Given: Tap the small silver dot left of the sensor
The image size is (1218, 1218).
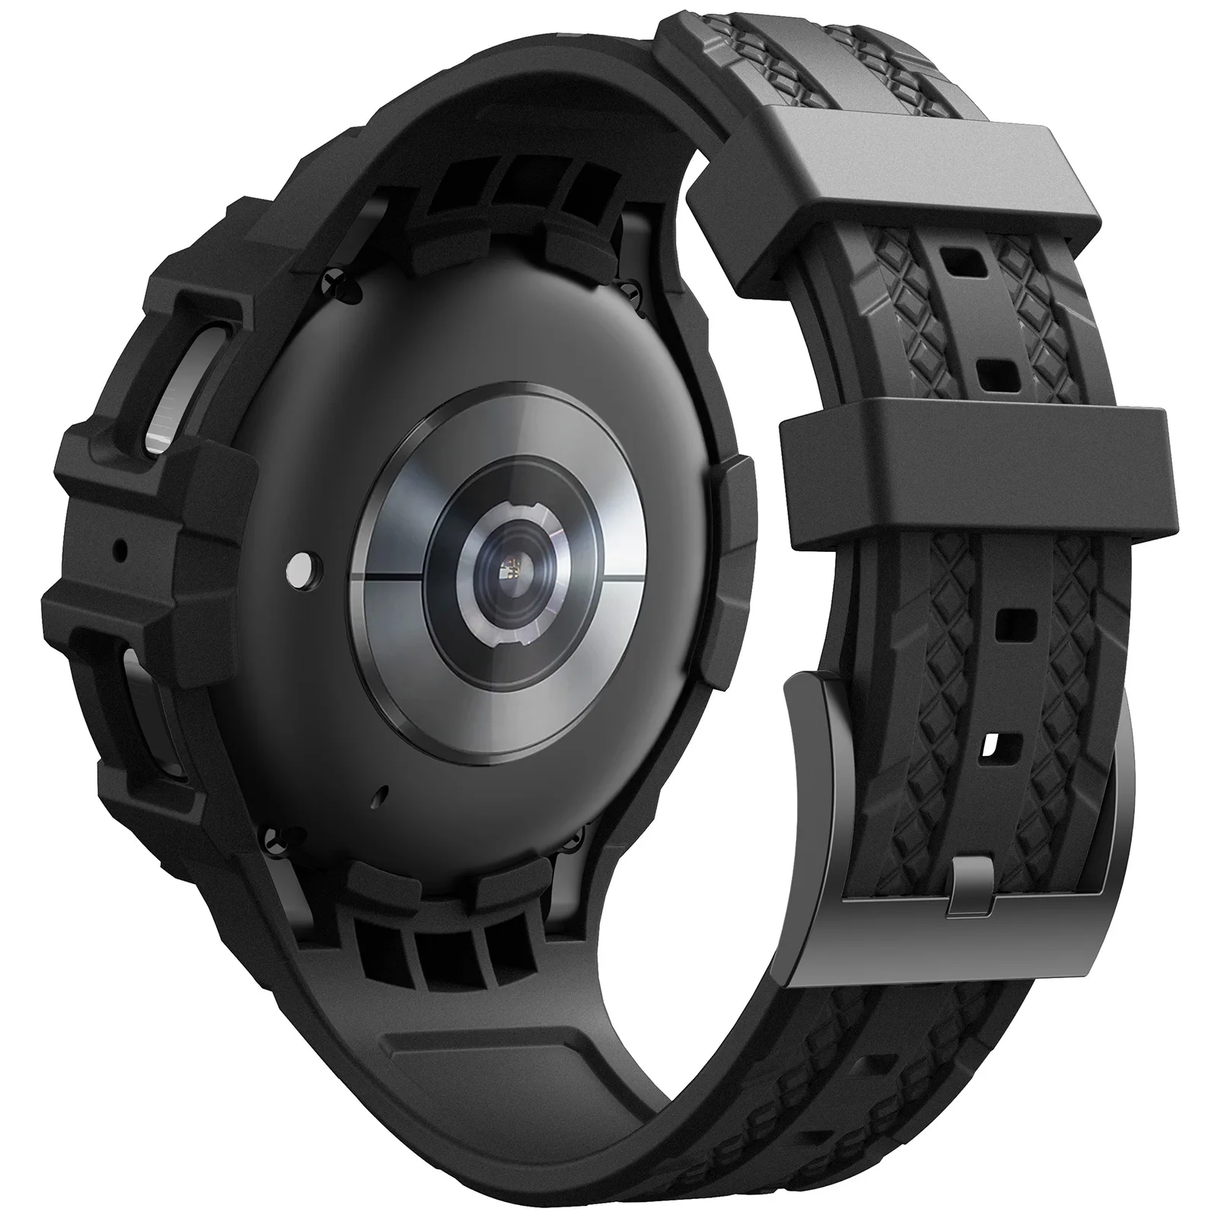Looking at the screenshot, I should (302, 566).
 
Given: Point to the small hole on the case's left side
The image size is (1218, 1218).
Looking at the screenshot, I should (120, 547).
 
